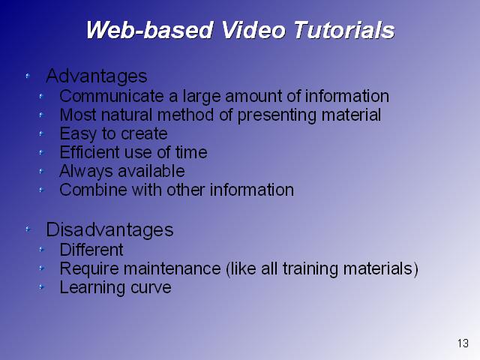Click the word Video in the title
pyautogui.click(x=253, y=30)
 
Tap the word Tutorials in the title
pyautogui.click(x=343, y=30)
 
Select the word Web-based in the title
pyautogui.click(x=149, y=30)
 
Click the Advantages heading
pyautogui.click(x=97, y=76)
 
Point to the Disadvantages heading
pyautogui.click(x=109, y=229)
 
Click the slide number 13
pyautogui.click(x=463, y=343)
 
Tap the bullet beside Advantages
pyautogui.click(x=28, y=76)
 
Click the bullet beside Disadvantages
pyautogui.click(x=28, y=229)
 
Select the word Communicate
pyautogui.click(x=112, y=96)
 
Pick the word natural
pyautogui.click(x=127, y=115)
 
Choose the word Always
pyautogui.click(x=86, y=172)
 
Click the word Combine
pyautogui.click(x=93, y=190)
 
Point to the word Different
pyautogui.click(x=91, y=250)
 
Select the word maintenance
pyautogui.click(x=172, y=268)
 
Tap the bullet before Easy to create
pyautogui.click(x=42, y=133)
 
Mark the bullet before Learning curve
pyautogui.click(x=42, y=287)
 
